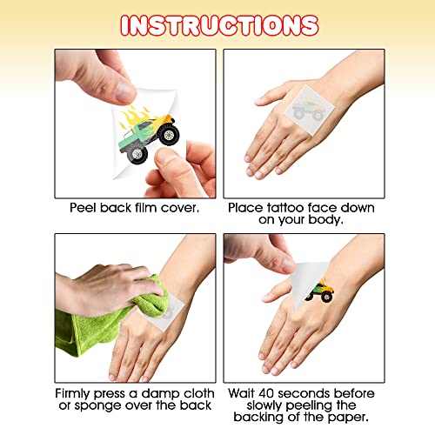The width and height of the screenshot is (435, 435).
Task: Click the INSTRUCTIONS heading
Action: pyautogui.click(x=219, y=25)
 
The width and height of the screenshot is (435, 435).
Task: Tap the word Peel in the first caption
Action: pyautogui.click(x=84, y=208)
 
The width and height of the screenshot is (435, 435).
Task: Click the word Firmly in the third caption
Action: pyautogui.click(x=73, y=393)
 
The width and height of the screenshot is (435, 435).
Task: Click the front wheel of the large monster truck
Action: pyautogui.click(x=169, y=135)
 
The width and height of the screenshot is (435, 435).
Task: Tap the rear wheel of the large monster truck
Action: pyautogui.click(x=137, y=154)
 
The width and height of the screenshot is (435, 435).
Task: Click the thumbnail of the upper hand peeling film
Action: pyautogui.click(x=124, y=92)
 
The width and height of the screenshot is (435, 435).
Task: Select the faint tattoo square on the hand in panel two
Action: pyautogui.click(x=309, y=110)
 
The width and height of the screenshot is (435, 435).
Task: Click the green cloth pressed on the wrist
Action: pyautogui.click(x=113, y=313)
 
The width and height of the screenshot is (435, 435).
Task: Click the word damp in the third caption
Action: pyautogui.click(x=158, y=394)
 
